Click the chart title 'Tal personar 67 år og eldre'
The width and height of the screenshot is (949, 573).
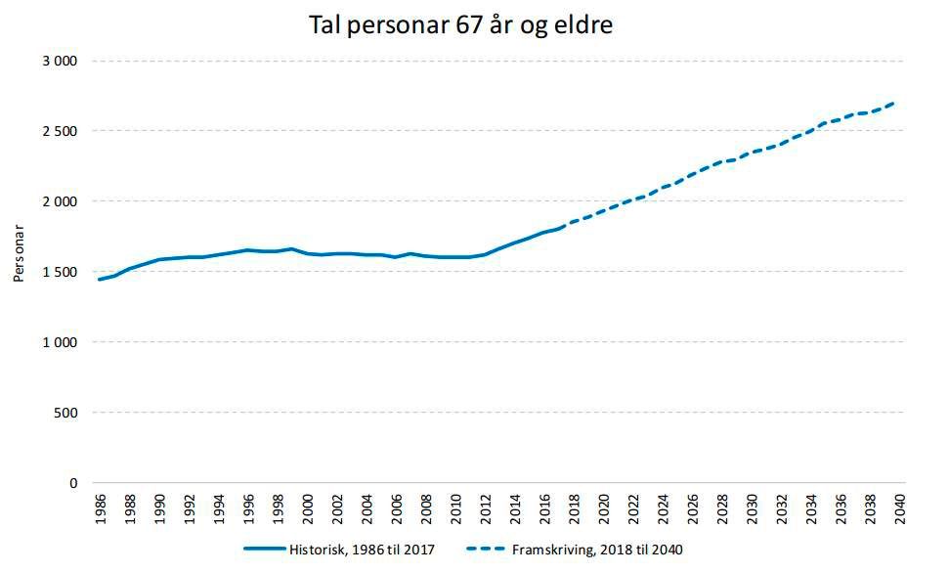click(x=460, y=25)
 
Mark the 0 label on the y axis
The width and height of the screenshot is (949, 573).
click(x=72, y=483)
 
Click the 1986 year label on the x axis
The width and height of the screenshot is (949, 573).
click(x=101, y=511)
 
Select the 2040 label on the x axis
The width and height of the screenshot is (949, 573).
click(x=899, y=511)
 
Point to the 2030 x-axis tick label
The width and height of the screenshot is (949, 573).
click(x=752, y=511)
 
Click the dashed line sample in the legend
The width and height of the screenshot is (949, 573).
click(x=484, y=551)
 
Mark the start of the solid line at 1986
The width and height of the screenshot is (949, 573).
click(x=99, y=280)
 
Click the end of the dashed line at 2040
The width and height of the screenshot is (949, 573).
click(x=896, y=103)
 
